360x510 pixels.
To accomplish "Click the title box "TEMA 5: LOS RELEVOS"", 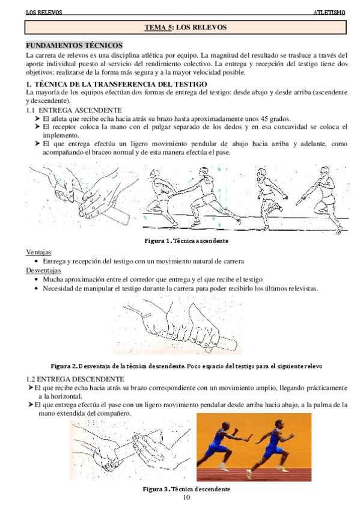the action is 186,27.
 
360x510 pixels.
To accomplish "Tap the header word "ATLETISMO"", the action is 329,13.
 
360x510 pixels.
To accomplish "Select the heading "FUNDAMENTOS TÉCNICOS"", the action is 74,45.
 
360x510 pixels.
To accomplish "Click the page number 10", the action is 186,497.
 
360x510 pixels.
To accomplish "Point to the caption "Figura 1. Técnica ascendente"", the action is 186,241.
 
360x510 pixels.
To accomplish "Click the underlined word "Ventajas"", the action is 38,252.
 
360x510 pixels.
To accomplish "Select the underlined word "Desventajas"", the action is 43,270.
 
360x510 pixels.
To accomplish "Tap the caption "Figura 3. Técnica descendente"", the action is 186,489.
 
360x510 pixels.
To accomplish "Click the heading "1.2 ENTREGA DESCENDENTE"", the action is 75,379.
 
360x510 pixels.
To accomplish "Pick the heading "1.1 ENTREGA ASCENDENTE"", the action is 74,110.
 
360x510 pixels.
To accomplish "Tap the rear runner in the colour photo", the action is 223,446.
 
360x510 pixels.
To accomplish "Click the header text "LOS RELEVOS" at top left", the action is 44,13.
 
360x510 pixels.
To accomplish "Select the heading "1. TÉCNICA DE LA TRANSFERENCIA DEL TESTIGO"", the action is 117,84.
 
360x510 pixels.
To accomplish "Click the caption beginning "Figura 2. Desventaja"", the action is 186,366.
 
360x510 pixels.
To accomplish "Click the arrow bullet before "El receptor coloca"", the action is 37,126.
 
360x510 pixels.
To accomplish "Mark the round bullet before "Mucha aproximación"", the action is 37,280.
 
